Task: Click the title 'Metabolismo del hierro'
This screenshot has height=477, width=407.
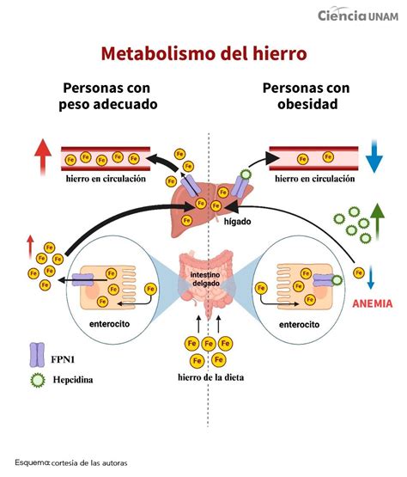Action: (x=203, y=53)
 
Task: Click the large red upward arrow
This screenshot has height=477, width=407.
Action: (x=43, y=156)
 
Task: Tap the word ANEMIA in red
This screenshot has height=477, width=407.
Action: (x=373, y=303)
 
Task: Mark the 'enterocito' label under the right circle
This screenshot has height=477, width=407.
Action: (x=298, y=326)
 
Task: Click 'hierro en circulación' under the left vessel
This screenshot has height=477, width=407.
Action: (x=105, y=179)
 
